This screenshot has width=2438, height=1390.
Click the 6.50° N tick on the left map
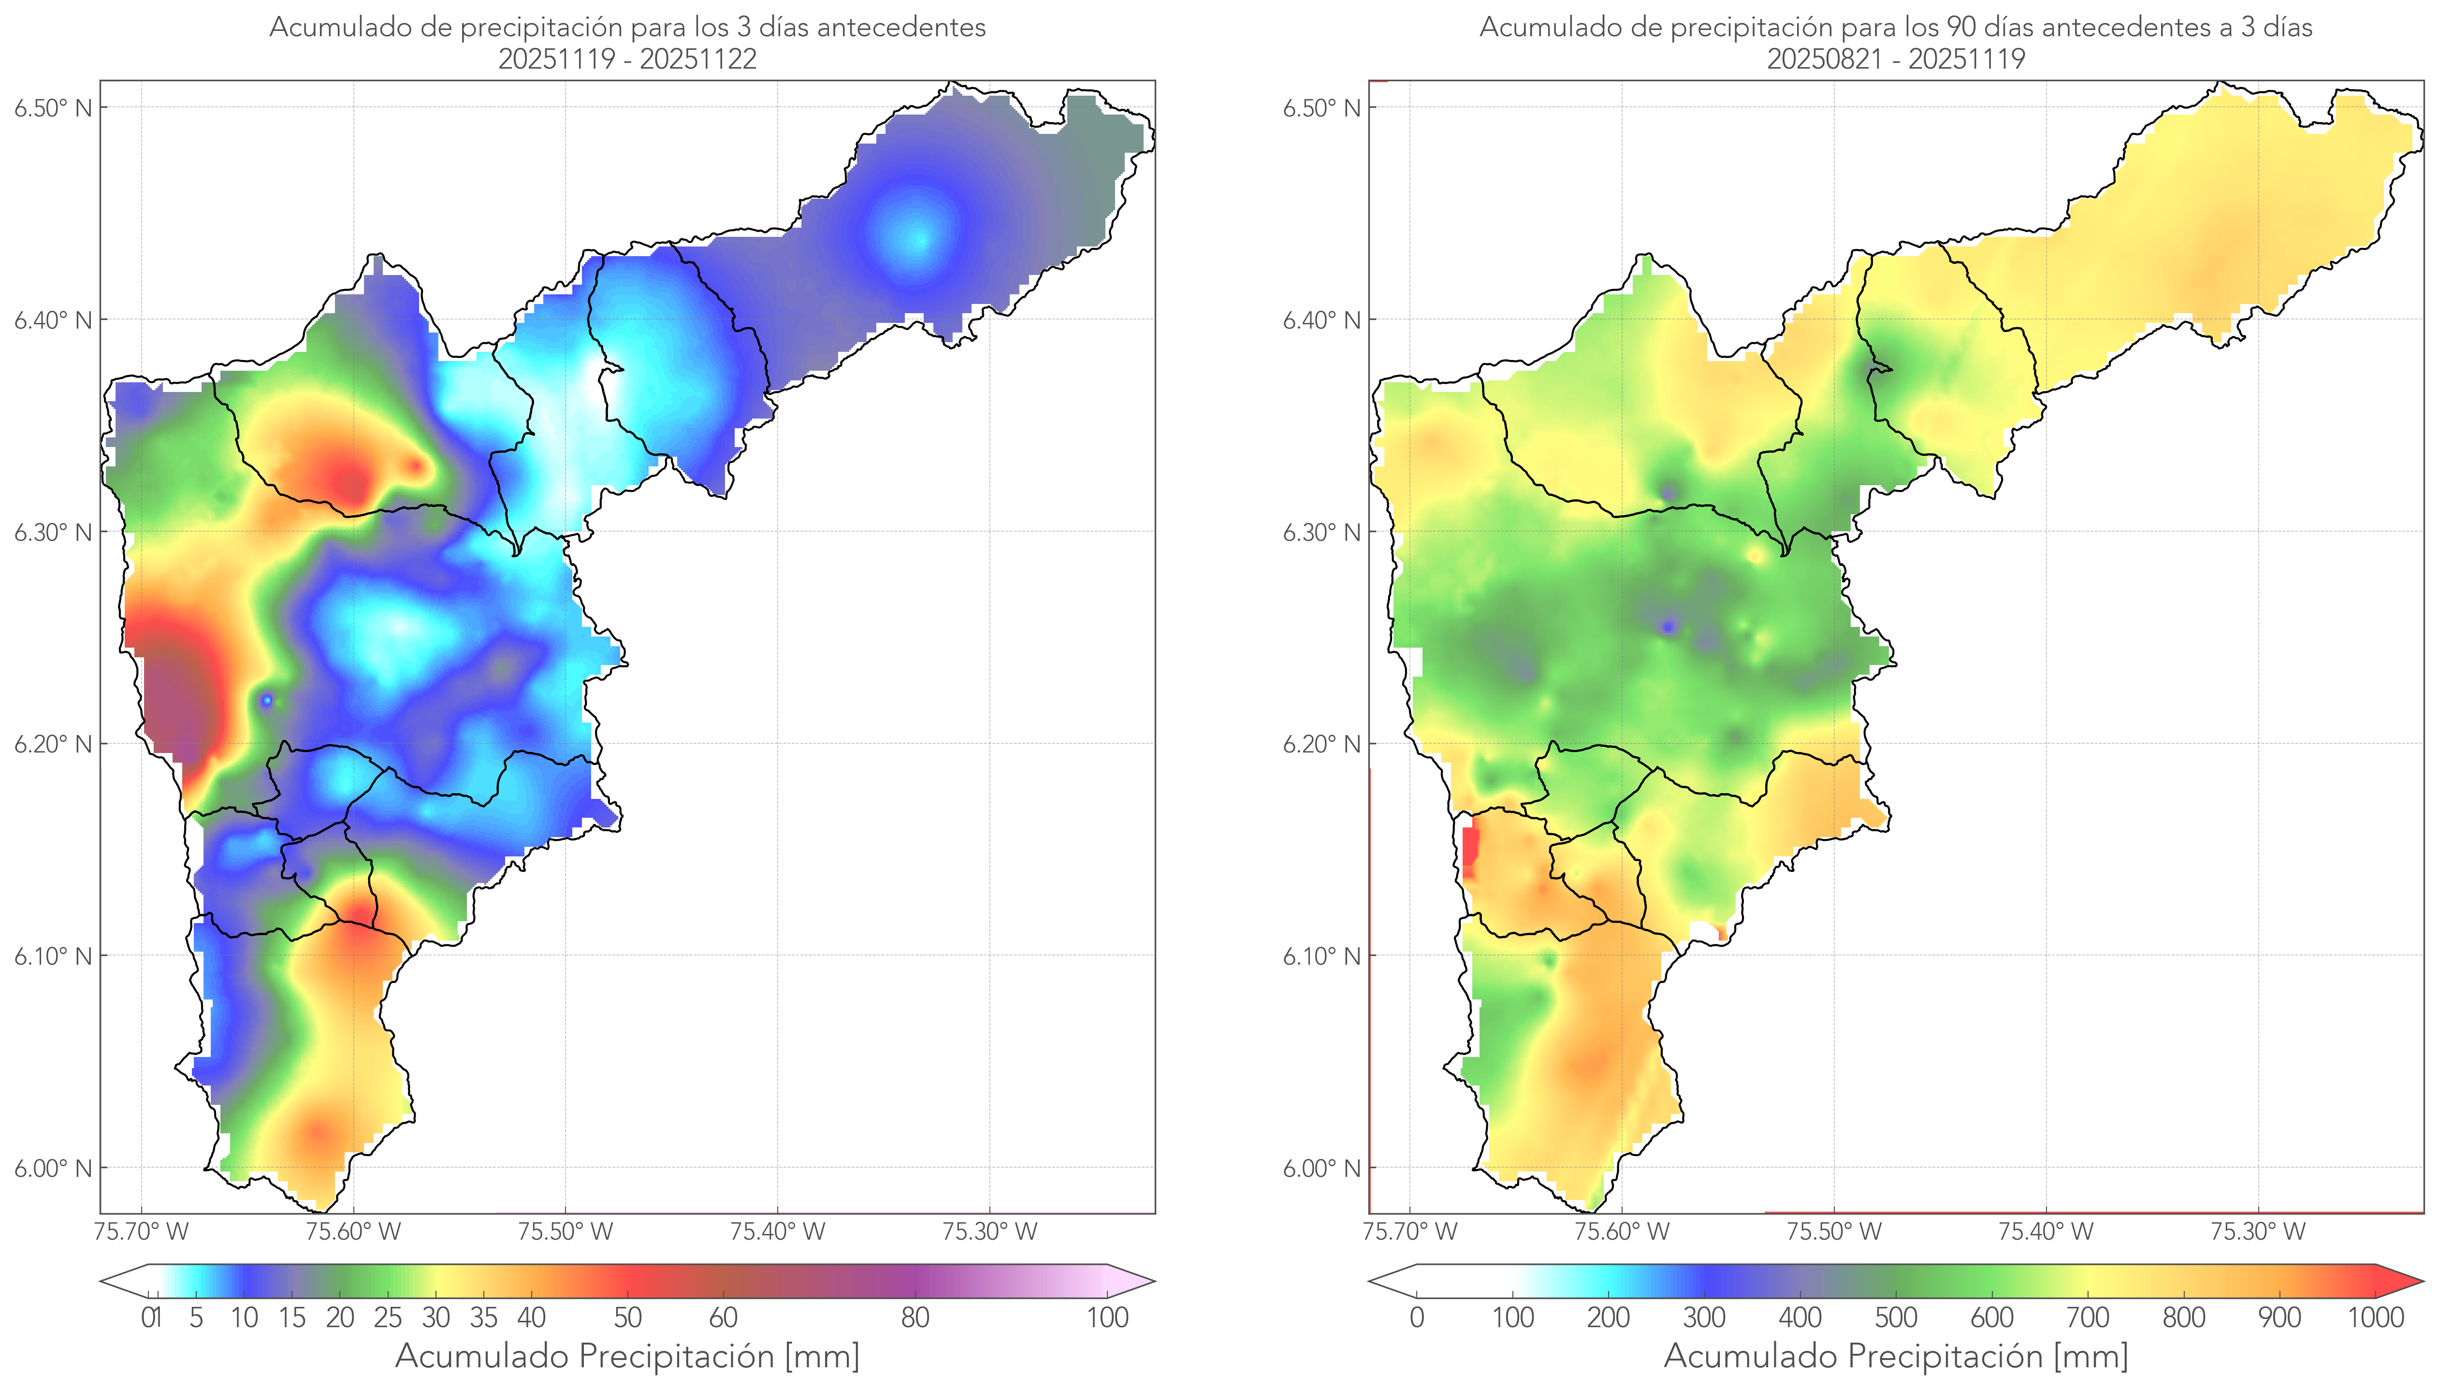click(54, 108)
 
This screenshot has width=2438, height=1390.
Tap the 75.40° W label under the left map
click(777, 1231)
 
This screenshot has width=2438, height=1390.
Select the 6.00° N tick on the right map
click(1322, 1169)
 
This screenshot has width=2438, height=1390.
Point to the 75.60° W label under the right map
click(1622, 1231)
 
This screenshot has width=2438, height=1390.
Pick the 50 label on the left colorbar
click(627, 1318)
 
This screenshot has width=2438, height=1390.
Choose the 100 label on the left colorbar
click(1107, 1318)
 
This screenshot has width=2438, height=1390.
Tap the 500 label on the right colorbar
click(1896, 1318)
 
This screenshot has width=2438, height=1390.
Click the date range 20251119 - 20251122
click(627, 59)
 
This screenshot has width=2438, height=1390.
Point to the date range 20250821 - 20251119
click(1896, 59)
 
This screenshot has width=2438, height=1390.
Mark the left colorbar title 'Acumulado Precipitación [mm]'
click(627, 1356)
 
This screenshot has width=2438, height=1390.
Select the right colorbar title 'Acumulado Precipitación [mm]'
click(1896, 1356)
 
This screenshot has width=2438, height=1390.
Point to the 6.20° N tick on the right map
click(1322, 744)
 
